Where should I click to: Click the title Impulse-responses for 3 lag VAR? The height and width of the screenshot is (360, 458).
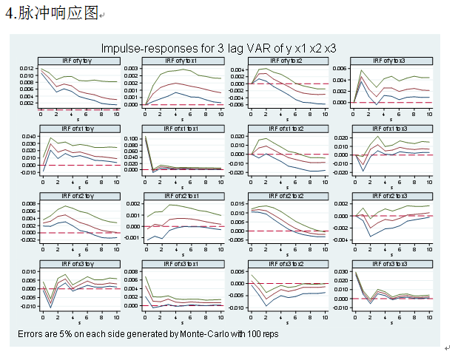click(x=218, y=48)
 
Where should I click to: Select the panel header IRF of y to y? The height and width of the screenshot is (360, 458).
click(x=79, y=61)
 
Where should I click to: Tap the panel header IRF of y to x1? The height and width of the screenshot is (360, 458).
click(x=182, y=61)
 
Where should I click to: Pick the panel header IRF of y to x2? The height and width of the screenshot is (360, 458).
click(x=286, y=61)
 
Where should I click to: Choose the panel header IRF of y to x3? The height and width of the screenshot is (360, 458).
click(x=389, y=61)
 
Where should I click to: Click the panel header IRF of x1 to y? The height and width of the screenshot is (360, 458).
click(x=79, y=129)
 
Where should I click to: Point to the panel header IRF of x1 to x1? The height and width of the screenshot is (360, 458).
click(x=182, y=129)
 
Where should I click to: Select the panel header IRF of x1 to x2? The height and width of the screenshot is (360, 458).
click(x=286, y=129)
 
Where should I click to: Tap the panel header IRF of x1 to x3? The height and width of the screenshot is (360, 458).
click(x=389, y=129)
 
